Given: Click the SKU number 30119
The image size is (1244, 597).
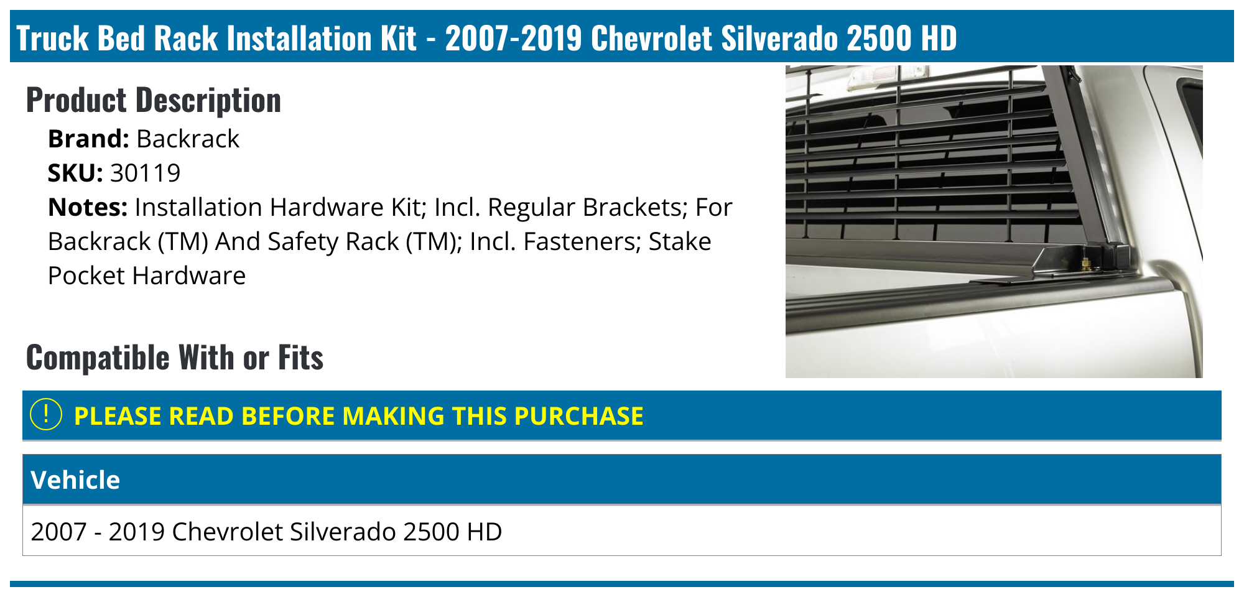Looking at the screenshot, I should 145,173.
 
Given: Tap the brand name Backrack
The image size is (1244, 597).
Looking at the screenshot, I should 187,139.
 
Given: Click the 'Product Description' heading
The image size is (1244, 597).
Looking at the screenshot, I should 154,100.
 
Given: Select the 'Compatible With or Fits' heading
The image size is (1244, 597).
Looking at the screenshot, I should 175,358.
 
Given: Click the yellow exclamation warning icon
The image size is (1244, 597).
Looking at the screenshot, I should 46,415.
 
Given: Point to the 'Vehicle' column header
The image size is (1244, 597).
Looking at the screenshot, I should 75,480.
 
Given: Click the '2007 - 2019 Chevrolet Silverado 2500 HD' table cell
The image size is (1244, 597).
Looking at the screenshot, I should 266,532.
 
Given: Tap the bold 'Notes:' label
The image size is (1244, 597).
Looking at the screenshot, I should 88,207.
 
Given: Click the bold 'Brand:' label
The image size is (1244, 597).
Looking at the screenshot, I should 88,139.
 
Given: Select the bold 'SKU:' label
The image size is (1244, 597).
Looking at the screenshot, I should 75,173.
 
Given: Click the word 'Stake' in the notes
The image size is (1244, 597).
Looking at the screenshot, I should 679,241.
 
